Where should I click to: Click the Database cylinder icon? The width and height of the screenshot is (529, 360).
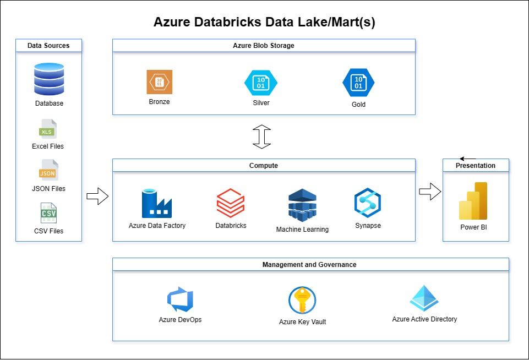(x=49, y=79)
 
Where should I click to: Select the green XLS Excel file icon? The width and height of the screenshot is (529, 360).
(x=48, y=129)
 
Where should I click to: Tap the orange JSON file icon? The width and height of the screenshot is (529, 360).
(x=48, y=171)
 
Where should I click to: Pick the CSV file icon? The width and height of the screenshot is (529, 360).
(x=48, y=213)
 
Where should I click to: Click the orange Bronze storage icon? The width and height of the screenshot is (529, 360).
(x=159, y=82)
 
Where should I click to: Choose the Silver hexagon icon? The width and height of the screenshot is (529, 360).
(x=260, y=83)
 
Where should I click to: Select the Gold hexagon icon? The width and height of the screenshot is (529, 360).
(x=358, y=83)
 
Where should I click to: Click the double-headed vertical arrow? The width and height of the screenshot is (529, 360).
(x=262, y=137)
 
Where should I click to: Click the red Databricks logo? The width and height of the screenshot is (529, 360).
(x=230, y=204)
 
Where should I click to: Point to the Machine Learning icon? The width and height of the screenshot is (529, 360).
(x=302, y=205)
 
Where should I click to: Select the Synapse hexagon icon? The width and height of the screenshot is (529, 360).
(x=368, y=203)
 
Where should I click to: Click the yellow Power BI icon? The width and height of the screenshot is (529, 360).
(x=473, y=201)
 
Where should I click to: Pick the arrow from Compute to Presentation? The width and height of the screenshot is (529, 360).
(x=430, y=192)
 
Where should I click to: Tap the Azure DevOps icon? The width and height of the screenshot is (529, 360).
(x=180, y=299)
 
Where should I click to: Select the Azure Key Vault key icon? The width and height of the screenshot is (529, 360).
(x=302, y=301)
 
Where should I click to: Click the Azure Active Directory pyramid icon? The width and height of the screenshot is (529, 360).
(x=424, y=298)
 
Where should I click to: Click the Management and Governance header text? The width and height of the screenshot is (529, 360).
(x=309, y=265)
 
